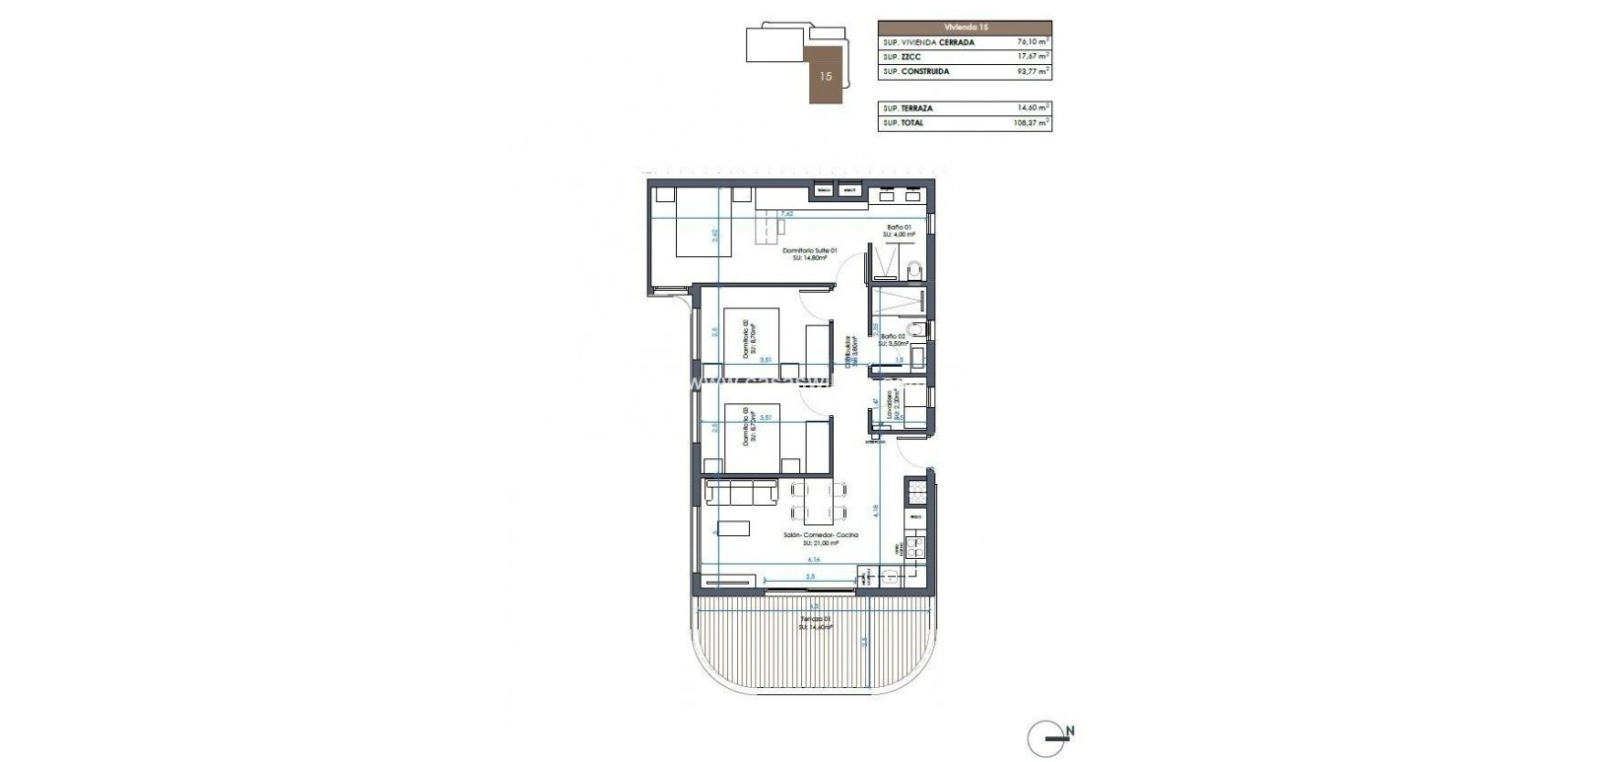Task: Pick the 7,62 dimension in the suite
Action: tap(786, 214)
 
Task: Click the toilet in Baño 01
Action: tap(913, 268)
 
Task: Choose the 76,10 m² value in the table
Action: tap(1032, 43)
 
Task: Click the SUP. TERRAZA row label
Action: tap(908, 108)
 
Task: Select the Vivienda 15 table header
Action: tap(964, 28)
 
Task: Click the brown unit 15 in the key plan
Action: tap(826, 75)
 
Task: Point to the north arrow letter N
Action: tap(1069, 730)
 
